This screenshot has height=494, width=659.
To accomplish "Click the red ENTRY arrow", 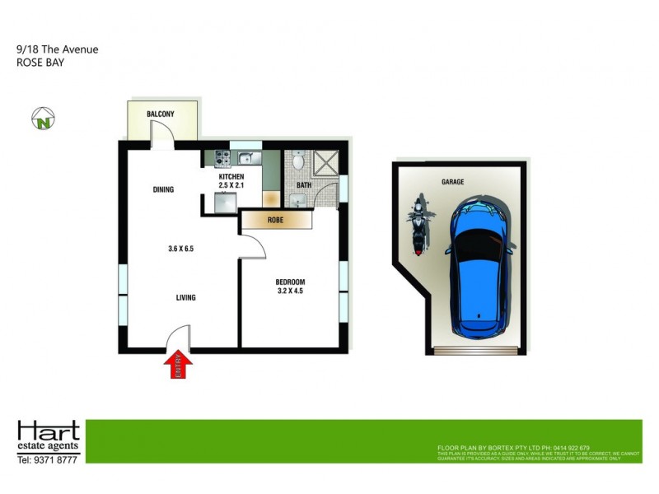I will pyautogui.click(x=179, y=365).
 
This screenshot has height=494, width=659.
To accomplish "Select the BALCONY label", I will pyautogui.click(x=160, y=114).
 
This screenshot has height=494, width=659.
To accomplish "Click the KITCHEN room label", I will pyautogui.click(x=231, y=177).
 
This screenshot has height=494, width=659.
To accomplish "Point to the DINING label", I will pyautogui.click(x=163, y=190).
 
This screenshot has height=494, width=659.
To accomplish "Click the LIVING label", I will pyautogui.click(x=185, y=297).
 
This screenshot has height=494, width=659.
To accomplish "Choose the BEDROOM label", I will pyautogui.click(x=290, y=281).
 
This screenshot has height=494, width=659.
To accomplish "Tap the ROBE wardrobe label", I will pyautogui.click(x=276, y=221).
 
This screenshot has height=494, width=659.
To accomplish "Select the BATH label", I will pyautogui.click(x=304, y=185).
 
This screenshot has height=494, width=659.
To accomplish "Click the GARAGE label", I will pyautogui.click(x=453, y=182).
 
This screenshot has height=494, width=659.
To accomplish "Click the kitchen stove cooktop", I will pyautogui.click(x=222, y=158).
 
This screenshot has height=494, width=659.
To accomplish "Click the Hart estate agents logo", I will pyautogui.click(x=49, y=434).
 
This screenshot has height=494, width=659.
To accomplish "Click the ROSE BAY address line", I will pyautogui.click(x=40, y=63).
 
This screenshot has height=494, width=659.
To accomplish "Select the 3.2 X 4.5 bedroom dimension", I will pyautogui.click(x=290, y=290).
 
